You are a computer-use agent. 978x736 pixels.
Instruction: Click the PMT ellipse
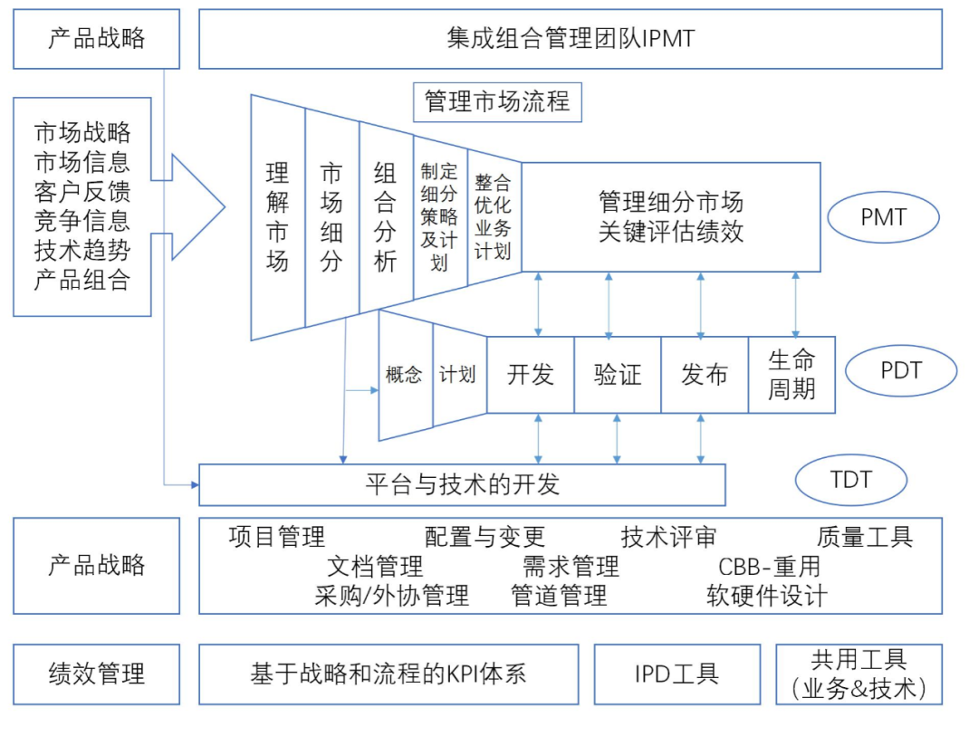tap(884, 217)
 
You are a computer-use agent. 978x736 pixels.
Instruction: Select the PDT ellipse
tap(900, 370)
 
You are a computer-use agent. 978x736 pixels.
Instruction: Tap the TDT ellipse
tap(850, 479)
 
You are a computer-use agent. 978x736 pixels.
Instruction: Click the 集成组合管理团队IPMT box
tap(570, 39)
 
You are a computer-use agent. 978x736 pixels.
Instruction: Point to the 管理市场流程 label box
tap(497, 101)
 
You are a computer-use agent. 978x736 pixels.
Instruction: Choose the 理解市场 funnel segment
tap(277, 217)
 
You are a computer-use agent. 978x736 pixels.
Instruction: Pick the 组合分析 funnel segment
tap(386, 217)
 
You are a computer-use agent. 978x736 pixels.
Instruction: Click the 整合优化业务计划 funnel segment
tap(494, 218)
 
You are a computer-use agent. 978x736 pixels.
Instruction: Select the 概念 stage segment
tap(404, 375)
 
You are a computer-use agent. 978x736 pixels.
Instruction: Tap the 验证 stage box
tap(618, 375)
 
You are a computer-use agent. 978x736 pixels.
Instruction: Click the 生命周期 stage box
tap(791, 375)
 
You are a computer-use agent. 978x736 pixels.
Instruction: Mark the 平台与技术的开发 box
tap(462, 484)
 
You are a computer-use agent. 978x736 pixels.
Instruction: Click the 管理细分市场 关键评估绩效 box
tap(671, 217)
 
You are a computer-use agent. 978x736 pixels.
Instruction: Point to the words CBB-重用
tap(769, 567)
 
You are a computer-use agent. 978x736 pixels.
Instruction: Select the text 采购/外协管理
tap(392, 596)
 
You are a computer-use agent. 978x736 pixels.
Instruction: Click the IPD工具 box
tap(676, 674)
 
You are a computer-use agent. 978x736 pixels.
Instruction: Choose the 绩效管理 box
tap(96, 674)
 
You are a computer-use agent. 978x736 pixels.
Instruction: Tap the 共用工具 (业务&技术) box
tap(858, 674)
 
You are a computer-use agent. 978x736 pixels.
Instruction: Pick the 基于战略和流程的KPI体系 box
tap(388, 674)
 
